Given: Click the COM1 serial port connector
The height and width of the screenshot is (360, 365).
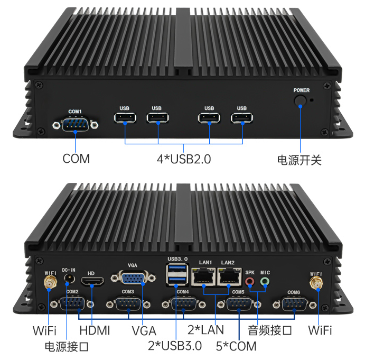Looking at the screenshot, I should pos(75,125).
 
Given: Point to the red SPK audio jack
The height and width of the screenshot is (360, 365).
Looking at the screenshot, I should pos(250,281).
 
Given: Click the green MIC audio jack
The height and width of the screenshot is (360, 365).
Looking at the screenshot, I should pos(265,281).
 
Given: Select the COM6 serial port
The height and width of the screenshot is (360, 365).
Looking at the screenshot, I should pos(294,304).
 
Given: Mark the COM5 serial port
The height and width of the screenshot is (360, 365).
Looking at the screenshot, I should pos(239,304).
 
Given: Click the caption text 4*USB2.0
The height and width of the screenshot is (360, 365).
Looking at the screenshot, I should pos(183,159).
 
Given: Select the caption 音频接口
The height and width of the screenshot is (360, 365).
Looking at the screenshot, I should pos(270,331).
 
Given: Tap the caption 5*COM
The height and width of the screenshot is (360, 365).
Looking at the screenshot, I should pos(236,346).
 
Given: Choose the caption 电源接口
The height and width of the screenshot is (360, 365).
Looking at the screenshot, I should pos(66,346).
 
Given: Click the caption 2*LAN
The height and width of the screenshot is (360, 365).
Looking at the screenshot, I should pos(205,330).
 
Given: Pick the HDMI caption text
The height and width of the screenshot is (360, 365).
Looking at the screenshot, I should pos(95,331).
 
